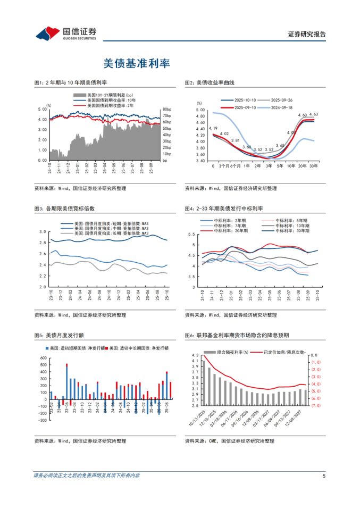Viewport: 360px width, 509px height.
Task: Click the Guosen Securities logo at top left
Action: click(x=66, y=33)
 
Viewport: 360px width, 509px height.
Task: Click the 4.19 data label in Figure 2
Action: click(x=213, y=128)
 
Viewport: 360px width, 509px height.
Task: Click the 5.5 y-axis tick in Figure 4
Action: click(x=192, y=235)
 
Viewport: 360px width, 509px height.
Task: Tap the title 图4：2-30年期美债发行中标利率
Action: click(x=227, y=208)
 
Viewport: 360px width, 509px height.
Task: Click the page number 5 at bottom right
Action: click(x=324, y=475)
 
